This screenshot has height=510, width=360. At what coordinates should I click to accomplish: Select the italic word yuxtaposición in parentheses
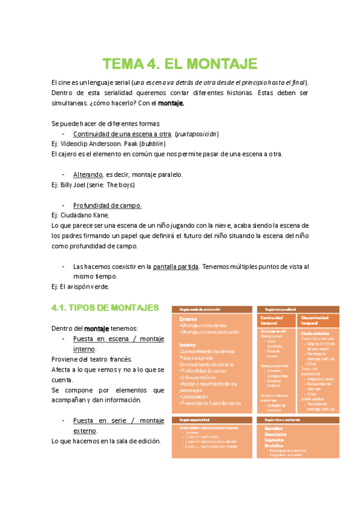pos(198,134)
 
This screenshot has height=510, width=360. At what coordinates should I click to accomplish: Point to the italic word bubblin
pos(153,144)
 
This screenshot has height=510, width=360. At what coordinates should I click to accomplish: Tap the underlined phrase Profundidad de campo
pos(107,205)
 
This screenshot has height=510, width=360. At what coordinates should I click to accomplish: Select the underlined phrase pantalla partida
pos(175,266)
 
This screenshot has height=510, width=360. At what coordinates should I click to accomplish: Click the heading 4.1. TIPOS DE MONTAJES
pos(105,308)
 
